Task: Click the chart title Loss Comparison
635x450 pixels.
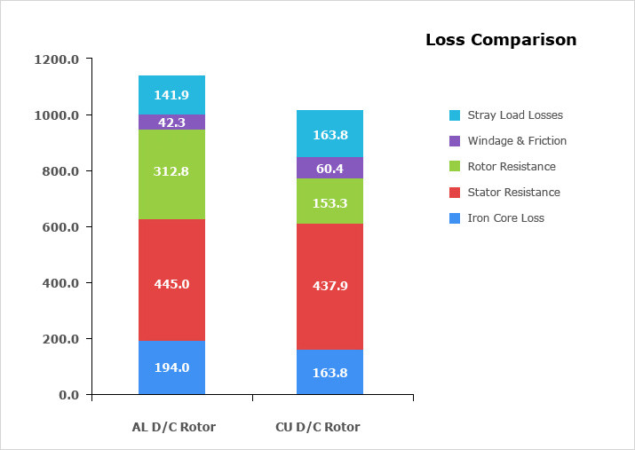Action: (x=501, y=40)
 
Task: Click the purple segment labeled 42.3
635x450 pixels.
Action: (x=171, y=122)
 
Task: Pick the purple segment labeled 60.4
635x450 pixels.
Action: (x=329, y=168)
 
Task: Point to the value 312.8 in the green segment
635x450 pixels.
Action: (x=171, y=171)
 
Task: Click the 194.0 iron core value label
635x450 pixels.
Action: (x=171, y=367)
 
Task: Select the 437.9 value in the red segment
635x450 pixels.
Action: (x=329, y=287)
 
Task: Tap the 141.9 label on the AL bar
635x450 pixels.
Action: (x=171, y=95)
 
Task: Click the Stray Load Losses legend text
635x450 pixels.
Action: (x=515, y=115)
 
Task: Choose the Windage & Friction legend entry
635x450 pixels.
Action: (x=517, y=141)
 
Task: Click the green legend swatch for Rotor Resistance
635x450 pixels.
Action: (x=455, y=167)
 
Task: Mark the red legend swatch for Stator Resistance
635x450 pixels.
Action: (x=455, y=193)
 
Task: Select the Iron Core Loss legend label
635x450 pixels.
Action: (x=506, y=218)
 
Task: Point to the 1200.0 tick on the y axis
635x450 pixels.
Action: (x=57, y=59)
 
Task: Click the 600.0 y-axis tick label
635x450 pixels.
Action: (x=60, y=227)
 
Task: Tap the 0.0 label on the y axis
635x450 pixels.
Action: (x=68, y=395)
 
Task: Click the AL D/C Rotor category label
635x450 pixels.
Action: (x=174, y=427)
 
